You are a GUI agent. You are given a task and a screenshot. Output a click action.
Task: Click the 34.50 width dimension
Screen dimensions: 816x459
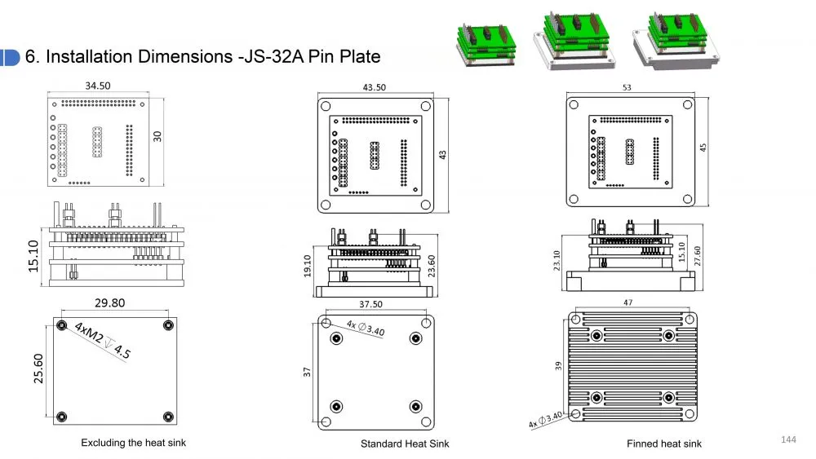98,86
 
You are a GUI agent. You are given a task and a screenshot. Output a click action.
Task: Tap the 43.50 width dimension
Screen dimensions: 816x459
375,87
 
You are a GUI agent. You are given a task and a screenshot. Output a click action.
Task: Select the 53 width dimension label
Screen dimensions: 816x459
627,87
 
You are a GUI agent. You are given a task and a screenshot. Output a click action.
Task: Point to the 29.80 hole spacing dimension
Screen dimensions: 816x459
110,302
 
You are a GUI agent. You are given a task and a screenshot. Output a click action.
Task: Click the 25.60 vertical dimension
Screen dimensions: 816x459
38,369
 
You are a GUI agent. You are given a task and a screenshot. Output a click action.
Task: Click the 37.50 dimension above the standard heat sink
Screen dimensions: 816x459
370,304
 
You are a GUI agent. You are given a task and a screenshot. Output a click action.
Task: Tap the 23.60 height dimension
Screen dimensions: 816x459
431,266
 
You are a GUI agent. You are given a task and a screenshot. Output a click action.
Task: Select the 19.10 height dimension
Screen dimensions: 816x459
307,266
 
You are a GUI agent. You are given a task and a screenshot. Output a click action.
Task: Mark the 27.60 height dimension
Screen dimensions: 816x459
698,256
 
